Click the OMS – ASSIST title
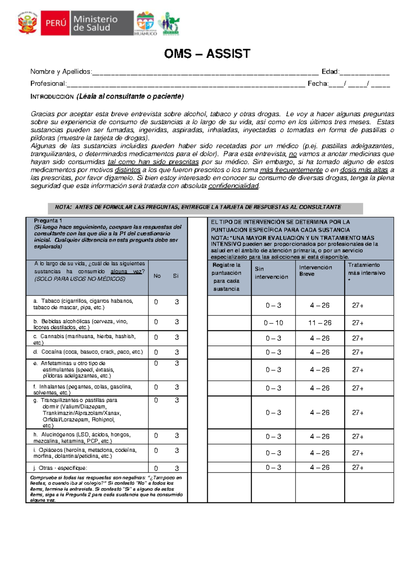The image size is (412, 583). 207,54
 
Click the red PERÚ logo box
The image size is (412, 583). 55,23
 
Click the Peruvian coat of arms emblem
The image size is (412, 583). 27,23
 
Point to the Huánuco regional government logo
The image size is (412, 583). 146,23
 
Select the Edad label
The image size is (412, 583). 330,72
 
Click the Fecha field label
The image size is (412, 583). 318,83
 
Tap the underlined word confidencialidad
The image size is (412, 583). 233,186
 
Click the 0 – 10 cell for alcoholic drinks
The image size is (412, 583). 273,323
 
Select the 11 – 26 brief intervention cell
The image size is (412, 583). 320,323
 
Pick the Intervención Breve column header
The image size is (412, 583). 315,271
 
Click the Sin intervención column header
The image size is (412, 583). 271,273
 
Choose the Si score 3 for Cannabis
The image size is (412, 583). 177,338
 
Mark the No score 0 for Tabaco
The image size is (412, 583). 156,302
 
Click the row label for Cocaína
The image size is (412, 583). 88,352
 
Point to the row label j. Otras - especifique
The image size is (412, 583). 60,468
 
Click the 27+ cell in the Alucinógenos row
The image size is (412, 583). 357,437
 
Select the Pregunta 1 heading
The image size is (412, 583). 48,221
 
